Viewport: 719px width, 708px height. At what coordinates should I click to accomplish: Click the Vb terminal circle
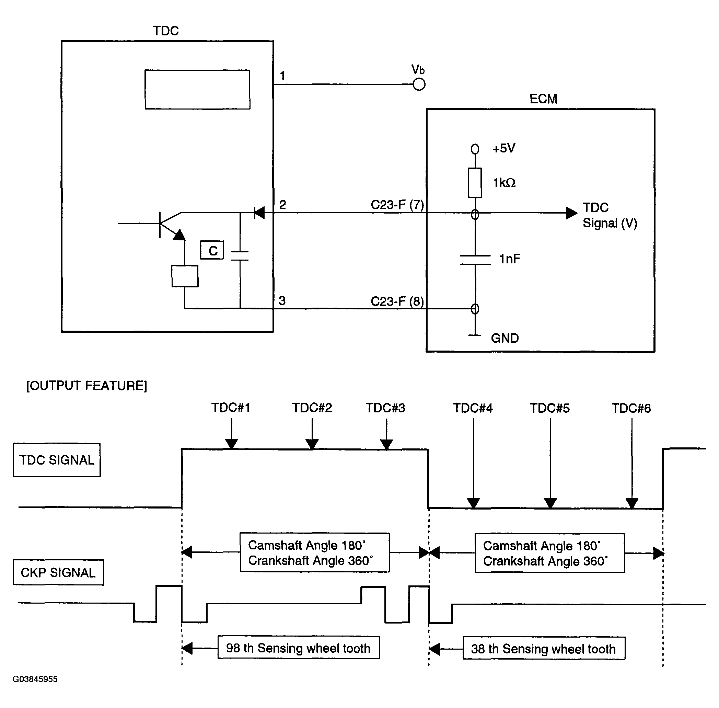419,84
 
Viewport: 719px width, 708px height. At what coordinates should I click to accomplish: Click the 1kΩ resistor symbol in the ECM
475,183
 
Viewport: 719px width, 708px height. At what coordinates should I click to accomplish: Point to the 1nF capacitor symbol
475,260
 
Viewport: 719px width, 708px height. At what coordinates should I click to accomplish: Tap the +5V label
504,148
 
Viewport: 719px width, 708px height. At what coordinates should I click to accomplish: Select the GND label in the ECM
505,338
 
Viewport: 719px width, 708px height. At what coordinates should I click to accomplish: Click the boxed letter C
212,250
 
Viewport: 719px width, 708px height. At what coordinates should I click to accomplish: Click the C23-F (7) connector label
397,205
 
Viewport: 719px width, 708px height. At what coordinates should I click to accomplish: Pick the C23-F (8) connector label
397,301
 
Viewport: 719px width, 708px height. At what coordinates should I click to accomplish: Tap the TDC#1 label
231,408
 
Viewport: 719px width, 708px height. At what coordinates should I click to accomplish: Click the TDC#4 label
473,408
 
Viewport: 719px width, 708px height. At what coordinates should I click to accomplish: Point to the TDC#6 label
631,408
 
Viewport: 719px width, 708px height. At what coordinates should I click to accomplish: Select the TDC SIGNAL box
57,460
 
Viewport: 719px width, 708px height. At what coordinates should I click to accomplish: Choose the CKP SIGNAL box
58,572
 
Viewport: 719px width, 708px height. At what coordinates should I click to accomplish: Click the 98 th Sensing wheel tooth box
299,648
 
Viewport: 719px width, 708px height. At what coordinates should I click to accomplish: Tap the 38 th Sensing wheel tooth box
544,649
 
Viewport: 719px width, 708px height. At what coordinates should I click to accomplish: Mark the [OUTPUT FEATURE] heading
86,386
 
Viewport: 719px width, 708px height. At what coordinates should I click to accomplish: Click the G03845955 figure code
35,679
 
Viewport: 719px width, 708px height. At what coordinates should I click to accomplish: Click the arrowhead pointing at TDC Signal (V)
571,213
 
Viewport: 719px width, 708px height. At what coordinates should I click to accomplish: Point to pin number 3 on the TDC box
282,300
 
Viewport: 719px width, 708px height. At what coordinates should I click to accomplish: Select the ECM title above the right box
543,99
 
